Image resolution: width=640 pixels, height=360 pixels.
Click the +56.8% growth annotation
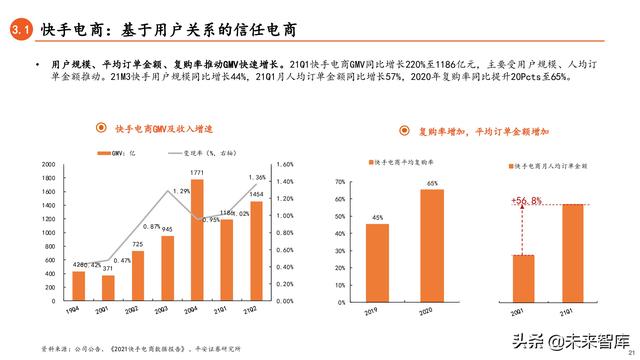coord(526,201)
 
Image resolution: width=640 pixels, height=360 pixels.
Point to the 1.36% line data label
coord(256,177)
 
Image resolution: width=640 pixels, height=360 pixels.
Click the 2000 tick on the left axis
coord(48,164)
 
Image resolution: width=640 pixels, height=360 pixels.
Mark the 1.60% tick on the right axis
coord(283,164)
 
